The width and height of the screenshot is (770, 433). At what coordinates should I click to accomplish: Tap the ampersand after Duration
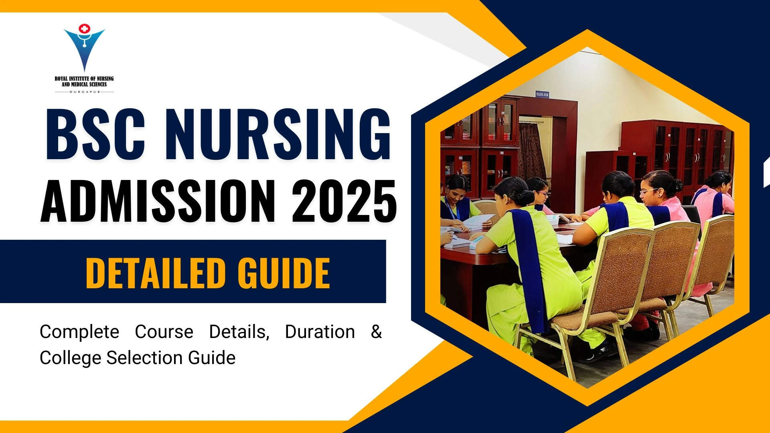376,332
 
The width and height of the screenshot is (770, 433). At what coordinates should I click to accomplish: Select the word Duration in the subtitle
320,332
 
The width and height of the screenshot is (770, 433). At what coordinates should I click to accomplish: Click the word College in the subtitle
70,358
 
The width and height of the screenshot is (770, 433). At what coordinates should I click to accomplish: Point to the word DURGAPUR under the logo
84,92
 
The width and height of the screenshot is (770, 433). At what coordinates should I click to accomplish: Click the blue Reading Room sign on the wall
542,94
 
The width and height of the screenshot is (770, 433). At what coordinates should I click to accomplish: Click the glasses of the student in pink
648,192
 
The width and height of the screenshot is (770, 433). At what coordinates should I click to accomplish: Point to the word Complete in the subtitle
79,332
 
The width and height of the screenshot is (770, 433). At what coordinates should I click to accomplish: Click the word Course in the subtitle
164,332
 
